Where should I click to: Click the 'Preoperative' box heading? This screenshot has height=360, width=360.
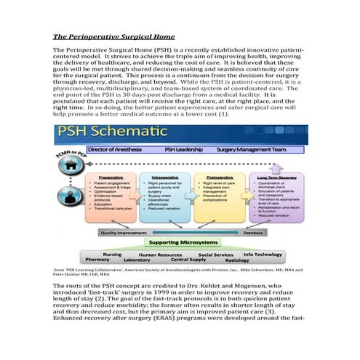pos(111,176)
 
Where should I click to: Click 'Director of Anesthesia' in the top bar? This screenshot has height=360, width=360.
pos(119,149)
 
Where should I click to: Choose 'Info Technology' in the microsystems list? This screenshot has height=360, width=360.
pos(263,254)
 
